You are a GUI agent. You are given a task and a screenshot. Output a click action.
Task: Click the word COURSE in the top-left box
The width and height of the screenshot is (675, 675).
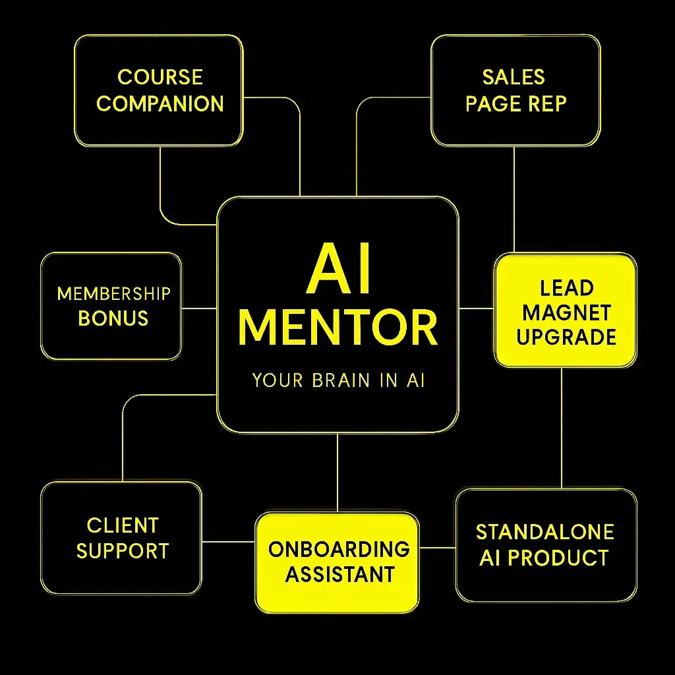pos(160,77)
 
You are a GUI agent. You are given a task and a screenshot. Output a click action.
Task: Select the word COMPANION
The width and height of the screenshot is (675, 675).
pos(160,103)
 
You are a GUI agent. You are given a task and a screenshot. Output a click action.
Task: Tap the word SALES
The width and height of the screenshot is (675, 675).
pos(514,77)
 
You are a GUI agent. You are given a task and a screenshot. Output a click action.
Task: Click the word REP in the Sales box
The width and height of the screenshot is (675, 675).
pos(549,103)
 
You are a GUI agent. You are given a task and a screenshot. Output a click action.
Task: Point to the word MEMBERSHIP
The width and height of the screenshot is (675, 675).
pos(113,293)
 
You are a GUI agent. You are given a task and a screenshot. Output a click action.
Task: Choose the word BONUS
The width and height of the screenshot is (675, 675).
pos(113,318)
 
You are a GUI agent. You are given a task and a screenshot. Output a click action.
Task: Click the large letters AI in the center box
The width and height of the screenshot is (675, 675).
pos(337,270)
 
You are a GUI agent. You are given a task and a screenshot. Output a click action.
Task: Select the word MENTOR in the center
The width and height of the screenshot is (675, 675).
pos(337,328)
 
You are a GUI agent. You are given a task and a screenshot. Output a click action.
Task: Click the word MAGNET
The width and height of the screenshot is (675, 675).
pos(566,312)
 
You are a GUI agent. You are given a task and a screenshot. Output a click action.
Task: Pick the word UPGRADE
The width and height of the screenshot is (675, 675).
pos(566,337)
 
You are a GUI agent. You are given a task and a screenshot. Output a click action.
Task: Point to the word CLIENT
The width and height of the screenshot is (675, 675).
pos(123,525)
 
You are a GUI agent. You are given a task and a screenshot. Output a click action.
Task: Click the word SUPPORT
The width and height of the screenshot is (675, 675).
pos(123,551)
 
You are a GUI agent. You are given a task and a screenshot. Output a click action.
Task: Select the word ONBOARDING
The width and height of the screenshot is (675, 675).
pos(338,549)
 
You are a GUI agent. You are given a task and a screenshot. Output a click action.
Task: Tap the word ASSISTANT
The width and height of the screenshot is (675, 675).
pos(338,574)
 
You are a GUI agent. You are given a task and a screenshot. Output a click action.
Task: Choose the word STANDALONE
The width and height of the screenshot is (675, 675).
pos(545,532)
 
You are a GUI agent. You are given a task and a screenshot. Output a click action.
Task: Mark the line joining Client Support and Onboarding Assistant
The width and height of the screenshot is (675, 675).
pos(228,542)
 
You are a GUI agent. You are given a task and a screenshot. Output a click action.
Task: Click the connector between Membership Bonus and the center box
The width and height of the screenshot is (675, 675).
pos(199,308)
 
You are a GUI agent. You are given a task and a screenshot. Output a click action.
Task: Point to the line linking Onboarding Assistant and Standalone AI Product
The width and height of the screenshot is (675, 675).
pos(437,547)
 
